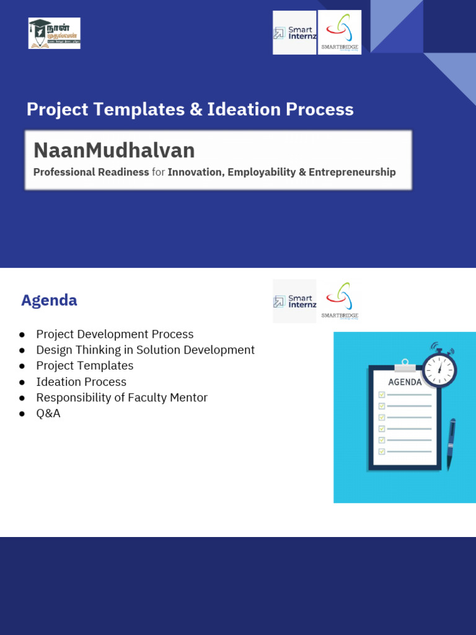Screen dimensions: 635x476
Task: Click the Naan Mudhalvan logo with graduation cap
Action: point(55,33)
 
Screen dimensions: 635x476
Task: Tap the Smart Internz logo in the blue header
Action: point(294,33)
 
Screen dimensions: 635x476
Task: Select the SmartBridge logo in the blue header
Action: point(340,32)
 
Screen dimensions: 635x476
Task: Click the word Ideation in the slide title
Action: point(244,110)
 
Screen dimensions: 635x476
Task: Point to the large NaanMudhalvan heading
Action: point(114,150)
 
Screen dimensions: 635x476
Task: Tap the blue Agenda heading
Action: point(49,301)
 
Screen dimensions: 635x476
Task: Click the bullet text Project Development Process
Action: point(115,334)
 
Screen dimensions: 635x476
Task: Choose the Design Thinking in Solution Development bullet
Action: point(145,350)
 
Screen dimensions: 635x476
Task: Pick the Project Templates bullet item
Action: point(85,366)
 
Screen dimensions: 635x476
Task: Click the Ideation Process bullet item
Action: point(81,382)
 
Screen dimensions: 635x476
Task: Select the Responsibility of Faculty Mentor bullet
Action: point(121,397)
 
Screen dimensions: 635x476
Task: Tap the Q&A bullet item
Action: point(48,414)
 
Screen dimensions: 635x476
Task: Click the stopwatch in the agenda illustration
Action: point(439,368)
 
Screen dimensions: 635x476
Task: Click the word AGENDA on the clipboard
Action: point(405,382)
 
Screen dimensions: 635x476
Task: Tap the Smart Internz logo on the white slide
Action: point(294,301)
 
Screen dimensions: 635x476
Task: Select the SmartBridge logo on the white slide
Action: point(340,301)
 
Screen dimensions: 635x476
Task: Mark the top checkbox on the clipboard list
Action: point(382,394)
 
